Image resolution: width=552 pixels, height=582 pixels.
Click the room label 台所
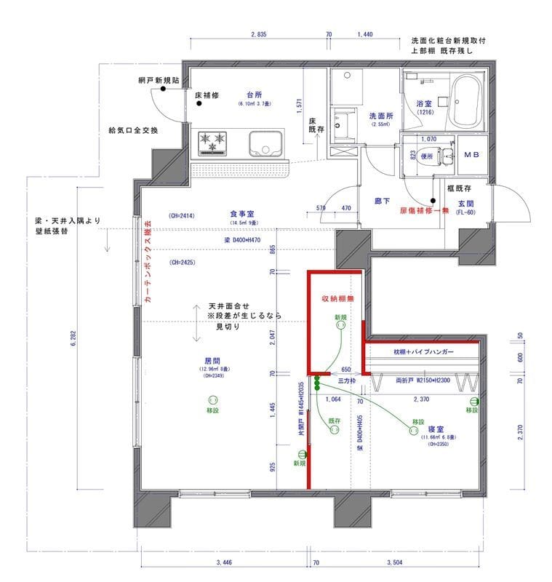[x=254, y=95]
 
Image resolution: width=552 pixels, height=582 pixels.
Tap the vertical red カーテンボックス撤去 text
[x=148, y=261]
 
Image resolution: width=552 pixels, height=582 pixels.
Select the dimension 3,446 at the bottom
[x=228, y=562]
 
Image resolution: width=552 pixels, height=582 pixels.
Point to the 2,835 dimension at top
[x=258, y=34]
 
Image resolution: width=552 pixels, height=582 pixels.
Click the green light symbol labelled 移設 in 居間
[x=213, y=399]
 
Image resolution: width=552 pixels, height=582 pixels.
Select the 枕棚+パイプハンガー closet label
[x=424, y=352]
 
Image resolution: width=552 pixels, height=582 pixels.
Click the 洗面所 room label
[x=381, y=116]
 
